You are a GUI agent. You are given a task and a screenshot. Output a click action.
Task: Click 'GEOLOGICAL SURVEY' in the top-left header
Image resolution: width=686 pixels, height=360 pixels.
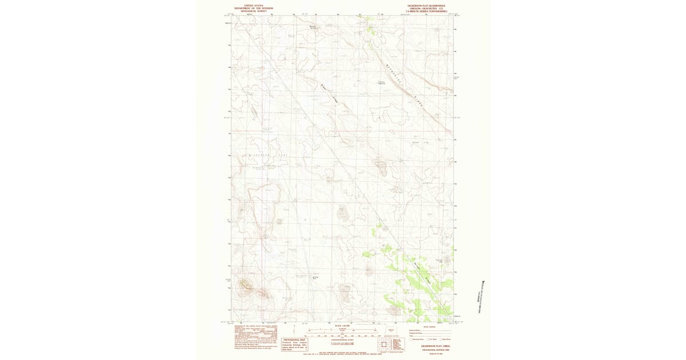coord(254,11)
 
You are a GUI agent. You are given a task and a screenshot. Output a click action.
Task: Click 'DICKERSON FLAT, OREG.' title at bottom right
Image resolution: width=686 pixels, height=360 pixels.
coord(428,346)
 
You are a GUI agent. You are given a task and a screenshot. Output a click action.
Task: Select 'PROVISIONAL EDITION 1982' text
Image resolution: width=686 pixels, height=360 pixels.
coord(428,349)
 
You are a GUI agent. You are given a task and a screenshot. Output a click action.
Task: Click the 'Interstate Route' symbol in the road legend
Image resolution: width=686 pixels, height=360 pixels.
coord(411,339)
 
